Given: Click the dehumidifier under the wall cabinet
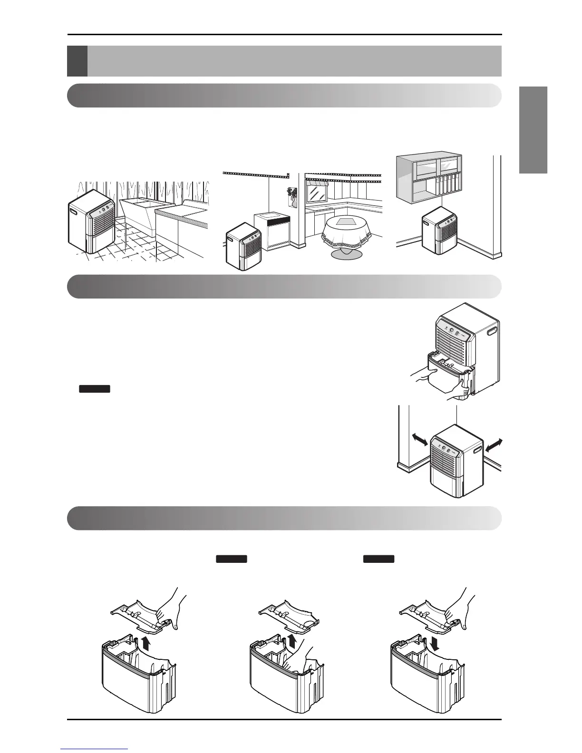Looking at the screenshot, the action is (440, 233).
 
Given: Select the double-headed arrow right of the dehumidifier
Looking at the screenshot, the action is (492, 445).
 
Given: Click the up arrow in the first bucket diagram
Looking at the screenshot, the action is (145, 645).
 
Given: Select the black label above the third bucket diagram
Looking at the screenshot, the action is (378, 559).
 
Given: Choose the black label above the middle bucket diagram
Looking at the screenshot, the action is (232, 559).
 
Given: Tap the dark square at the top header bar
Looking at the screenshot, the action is (77, 61).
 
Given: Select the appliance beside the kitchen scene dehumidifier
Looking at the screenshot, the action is (272, 232).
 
